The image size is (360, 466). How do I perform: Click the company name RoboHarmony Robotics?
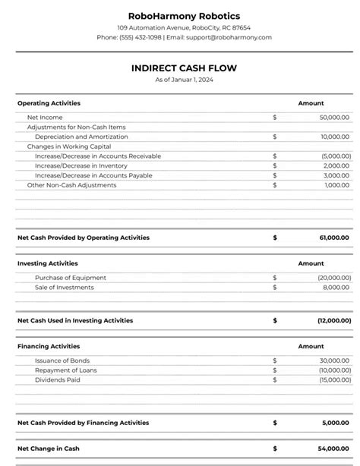pos(184,15)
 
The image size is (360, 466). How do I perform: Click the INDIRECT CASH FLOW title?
pos(184,68)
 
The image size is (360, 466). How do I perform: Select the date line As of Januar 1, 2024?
pos(184,80)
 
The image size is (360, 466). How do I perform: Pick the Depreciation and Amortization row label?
pos(81,137)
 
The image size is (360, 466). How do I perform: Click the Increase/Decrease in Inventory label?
pos(81,165)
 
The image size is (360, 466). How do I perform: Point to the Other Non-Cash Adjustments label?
pos(71,184)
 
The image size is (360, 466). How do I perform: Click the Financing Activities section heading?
pos(48,346)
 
